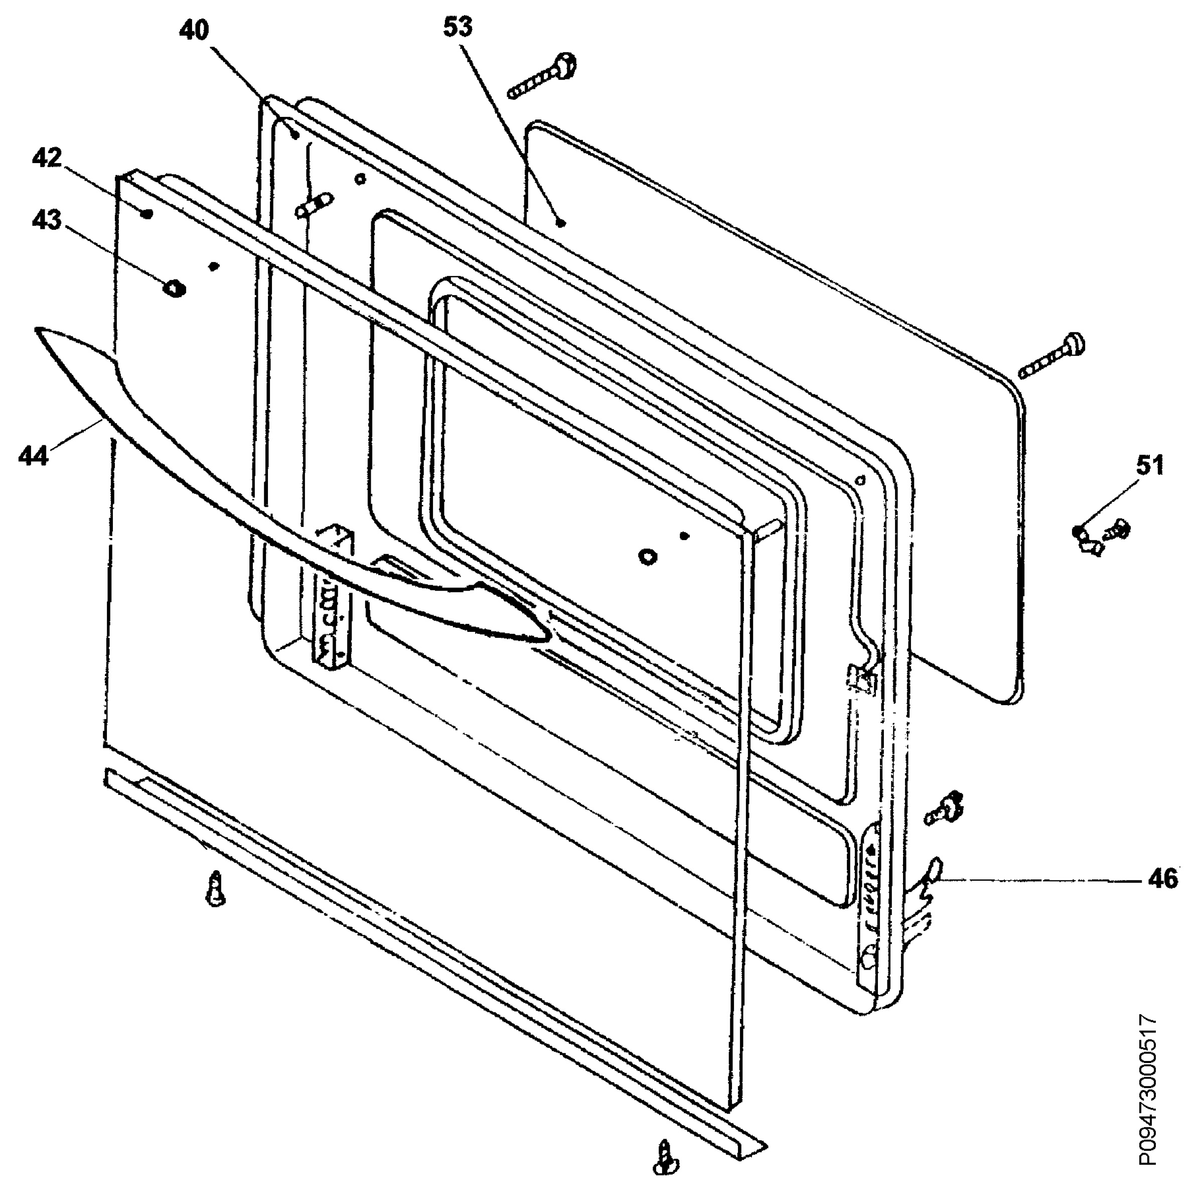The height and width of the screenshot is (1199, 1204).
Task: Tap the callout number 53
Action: [458, 28]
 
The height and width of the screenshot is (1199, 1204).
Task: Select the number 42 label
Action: [47, 159]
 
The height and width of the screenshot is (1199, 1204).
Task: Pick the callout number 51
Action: [1150, 465]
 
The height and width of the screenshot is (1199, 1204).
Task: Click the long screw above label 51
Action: [1052, 355]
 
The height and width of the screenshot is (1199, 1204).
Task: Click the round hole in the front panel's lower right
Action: [648, 556]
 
